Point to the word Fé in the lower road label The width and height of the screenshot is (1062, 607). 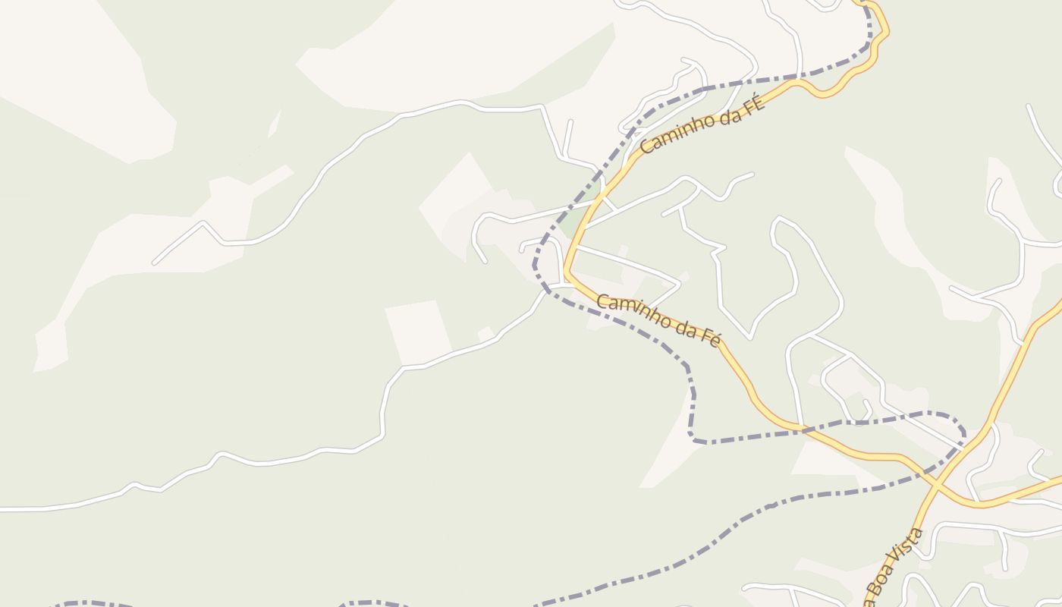point(709,336)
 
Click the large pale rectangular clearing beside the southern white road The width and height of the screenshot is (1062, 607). point(417,332)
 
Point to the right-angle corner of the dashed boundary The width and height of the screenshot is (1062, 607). point(692,439)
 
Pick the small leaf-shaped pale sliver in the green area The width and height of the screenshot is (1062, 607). point(274,124)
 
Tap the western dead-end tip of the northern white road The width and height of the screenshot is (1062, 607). point(154,263)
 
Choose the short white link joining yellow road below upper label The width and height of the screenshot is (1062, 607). point(610,203)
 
